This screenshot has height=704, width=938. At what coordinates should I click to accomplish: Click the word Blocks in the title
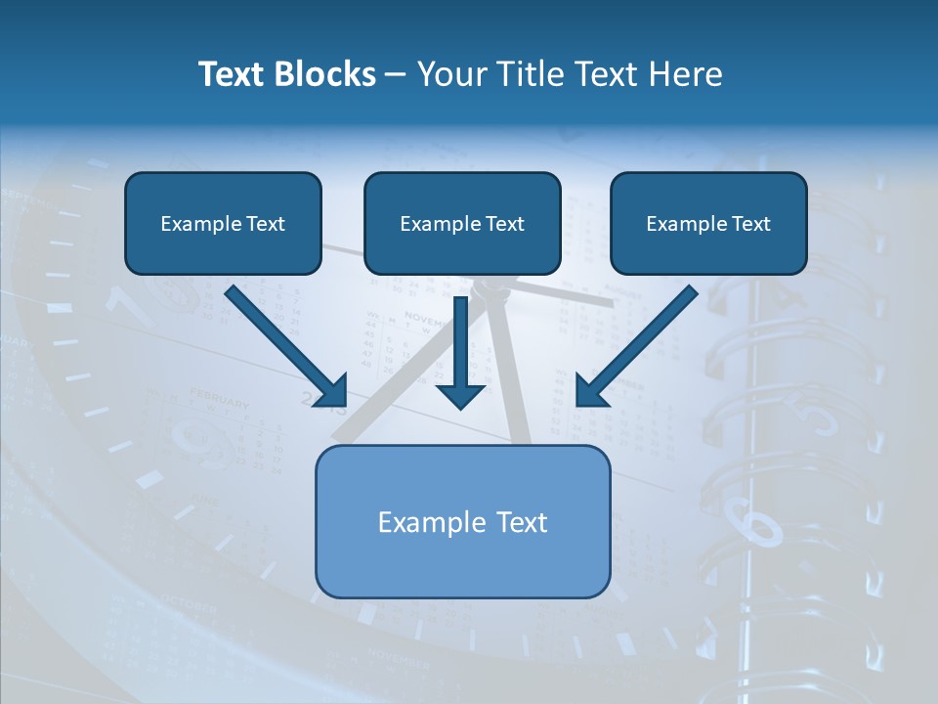[x=325, y=74]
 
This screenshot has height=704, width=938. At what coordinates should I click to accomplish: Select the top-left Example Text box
[x=223, y=223]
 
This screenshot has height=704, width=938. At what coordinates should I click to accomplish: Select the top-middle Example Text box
[x=462, y=223]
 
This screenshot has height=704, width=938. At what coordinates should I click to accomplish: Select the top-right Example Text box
[x=708, y=223]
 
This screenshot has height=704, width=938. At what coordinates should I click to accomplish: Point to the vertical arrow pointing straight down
[x=460, y=342]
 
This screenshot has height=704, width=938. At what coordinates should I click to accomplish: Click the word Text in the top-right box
[x=750, y=223]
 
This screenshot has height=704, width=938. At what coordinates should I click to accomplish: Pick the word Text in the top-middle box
[x=504, y=223]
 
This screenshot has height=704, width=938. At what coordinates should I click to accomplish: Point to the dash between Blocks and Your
[x=397, y=74]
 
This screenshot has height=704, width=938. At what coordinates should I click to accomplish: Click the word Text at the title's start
[x=233, y=74]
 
